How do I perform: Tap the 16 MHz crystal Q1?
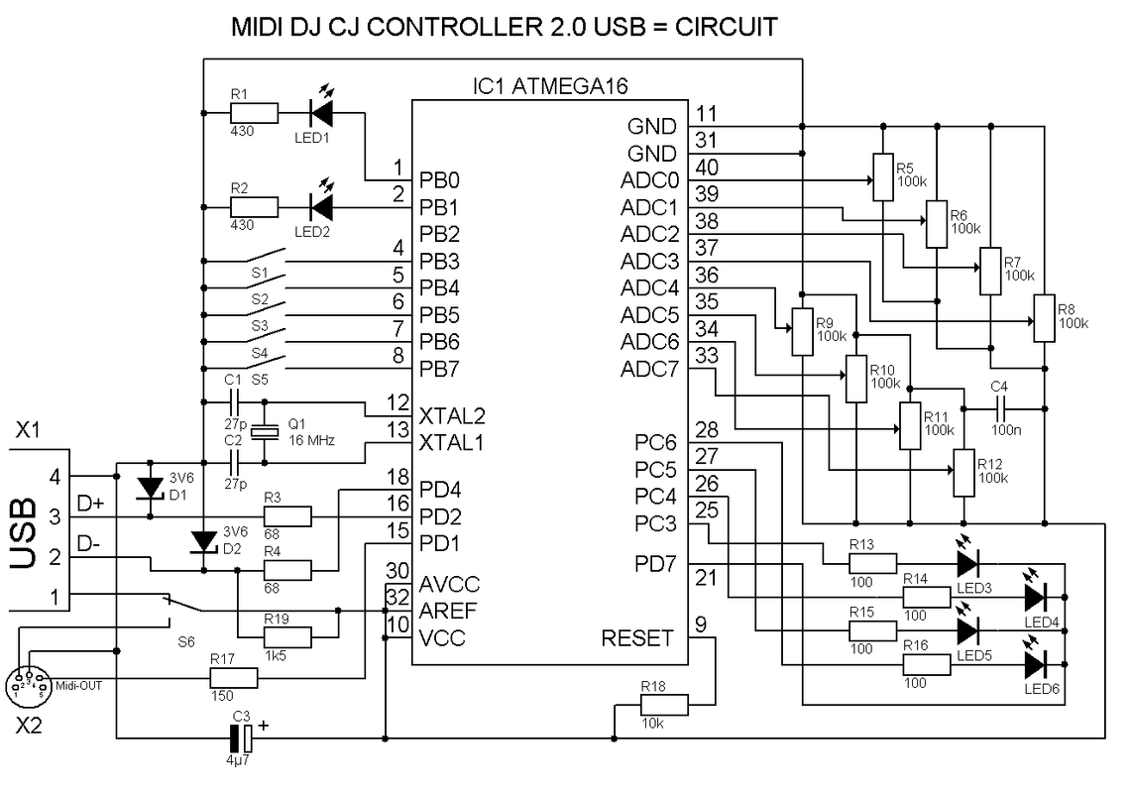265,431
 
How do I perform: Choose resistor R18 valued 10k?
663,705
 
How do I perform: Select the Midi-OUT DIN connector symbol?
28,682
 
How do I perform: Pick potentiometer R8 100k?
1044,317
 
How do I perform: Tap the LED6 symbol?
1036,661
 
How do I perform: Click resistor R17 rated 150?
233,678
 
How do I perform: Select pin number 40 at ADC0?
708,166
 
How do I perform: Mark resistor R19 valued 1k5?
287,636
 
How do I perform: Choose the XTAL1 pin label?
450,441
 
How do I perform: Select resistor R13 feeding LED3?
873,563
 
